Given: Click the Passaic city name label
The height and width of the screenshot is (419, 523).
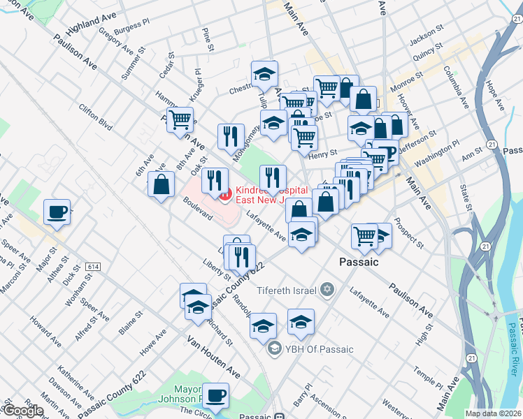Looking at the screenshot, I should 359,263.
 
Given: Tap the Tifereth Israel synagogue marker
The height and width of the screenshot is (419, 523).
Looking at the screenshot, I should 326,290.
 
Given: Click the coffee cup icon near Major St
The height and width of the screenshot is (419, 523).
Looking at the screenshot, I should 57,212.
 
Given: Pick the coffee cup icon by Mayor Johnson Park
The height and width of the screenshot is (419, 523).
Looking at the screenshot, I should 216,395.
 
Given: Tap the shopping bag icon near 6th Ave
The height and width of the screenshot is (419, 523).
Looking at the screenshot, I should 161,185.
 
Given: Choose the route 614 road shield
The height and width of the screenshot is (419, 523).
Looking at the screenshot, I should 94,267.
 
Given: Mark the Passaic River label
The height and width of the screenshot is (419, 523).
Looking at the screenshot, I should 515,342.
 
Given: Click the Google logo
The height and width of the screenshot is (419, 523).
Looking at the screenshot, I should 23,411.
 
